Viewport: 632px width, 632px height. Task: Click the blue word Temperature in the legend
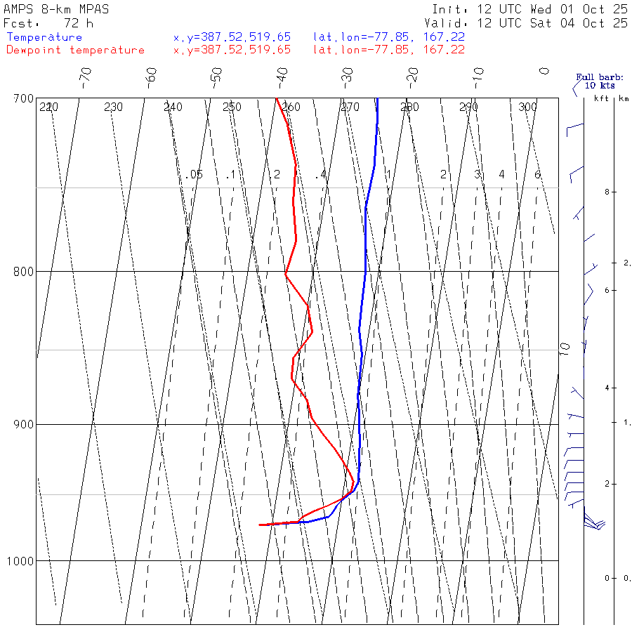[x=44, y=37]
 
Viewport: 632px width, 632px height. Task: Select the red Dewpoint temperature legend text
[x=75, y=50]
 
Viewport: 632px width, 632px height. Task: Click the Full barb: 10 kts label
[x=595, y=81]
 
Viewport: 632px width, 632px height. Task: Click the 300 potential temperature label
[x=527, y=107]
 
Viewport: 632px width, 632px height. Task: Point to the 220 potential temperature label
[x=48, y=107]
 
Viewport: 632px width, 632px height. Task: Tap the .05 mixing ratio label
[x=195, y=174]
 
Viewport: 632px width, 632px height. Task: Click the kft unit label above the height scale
[x=601, y=98]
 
